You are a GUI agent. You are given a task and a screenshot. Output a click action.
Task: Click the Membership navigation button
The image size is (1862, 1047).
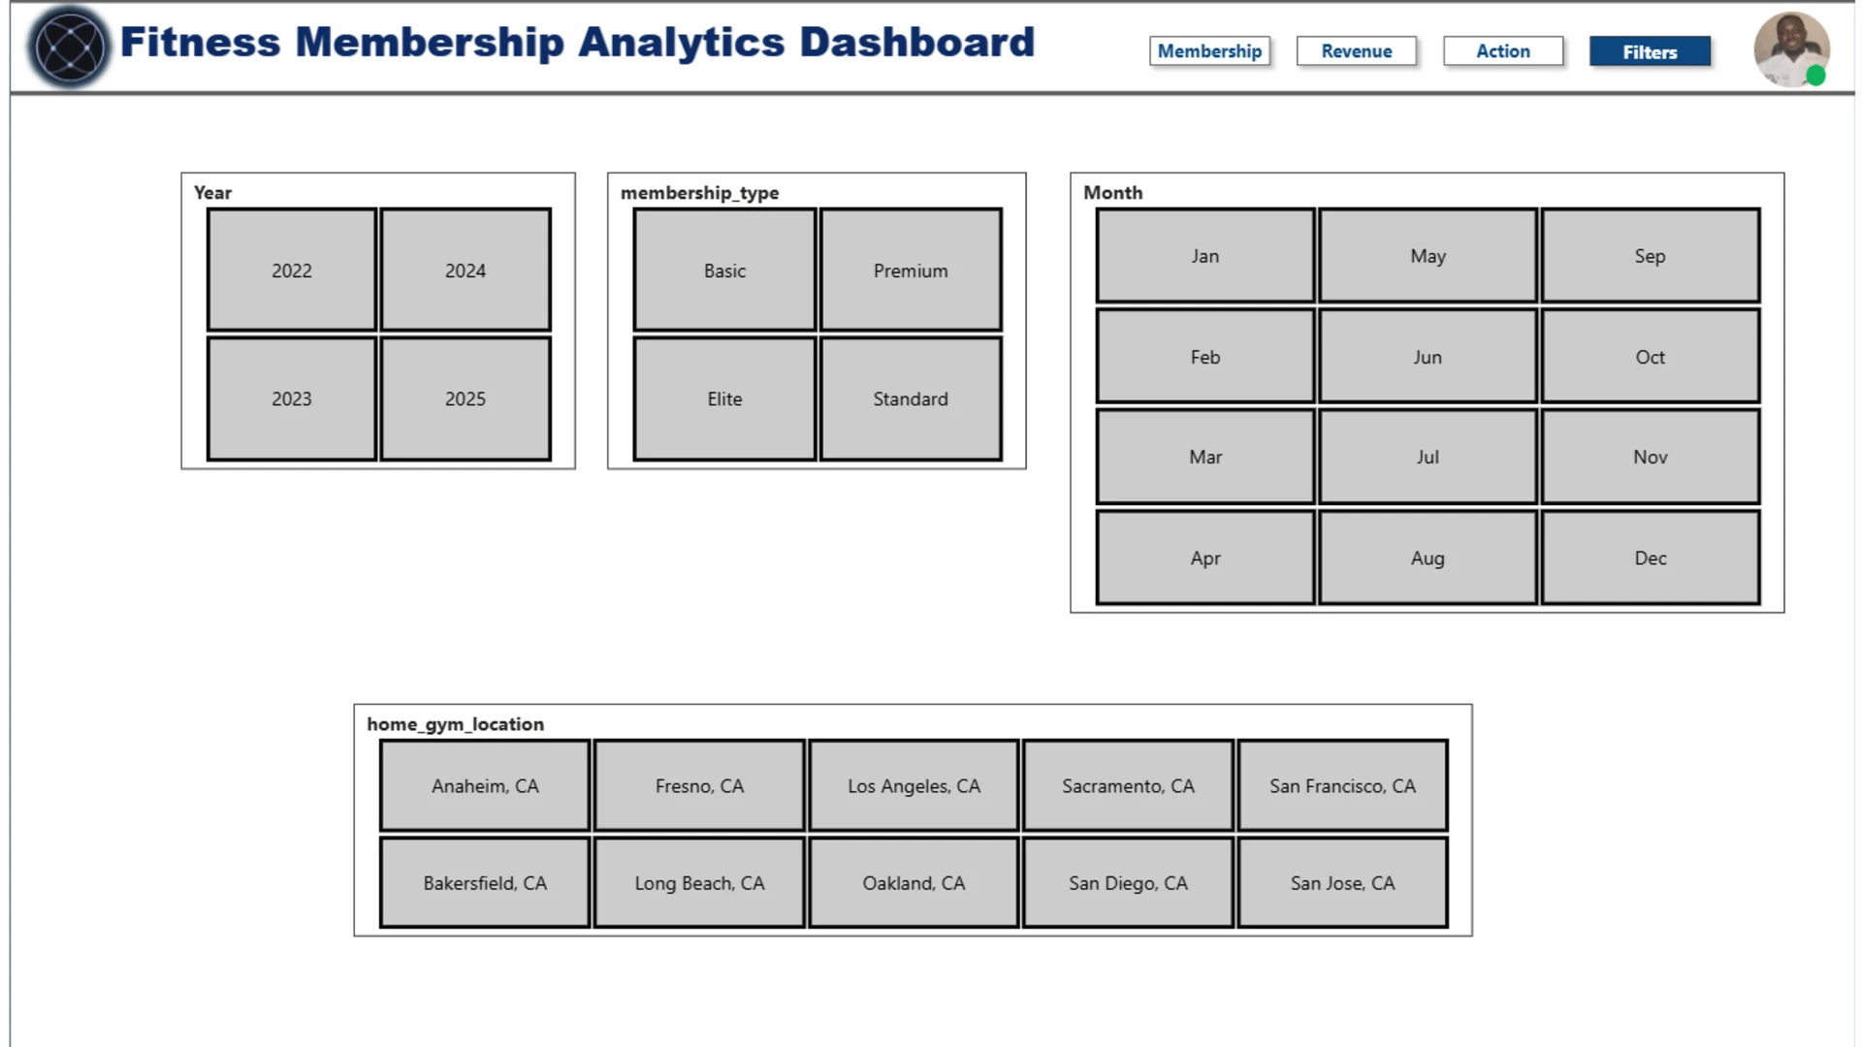tap(1209, 51)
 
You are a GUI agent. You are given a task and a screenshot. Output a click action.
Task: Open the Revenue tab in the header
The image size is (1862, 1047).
tap(1356, 51)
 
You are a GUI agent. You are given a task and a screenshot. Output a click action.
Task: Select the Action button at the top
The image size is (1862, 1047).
tap(1503, 51)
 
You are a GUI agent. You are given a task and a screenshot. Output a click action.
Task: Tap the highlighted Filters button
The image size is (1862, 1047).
tap(1650, 52)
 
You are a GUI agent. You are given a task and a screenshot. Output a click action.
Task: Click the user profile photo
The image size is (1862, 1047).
tap(1791, 48)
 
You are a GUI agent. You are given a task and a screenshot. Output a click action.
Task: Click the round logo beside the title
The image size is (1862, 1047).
tap(70, 47)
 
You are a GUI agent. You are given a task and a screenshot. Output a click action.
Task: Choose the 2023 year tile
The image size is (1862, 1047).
tap(292, 398)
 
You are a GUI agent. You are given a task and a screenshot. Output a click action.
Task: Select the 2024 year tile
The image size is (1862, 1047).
tap(465, 270)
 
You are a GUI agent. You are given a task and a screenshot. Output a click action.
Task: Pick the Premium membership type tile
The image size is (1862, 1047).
tap(911, 270)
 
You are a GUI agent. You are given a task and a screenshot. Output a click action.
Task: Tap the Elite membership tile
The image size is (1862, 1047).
tap(724, 398)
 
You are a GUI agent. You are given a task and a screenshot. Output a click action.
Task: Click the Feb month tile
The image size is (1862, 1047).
tap(1205, 357)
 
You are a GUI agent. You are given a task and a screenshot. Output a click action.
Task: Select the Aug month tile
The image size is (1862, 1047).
tap(1428, 558)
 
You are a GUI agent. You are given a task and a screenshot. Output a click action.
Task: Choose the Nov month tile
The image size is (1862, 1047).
tap(1651, 457)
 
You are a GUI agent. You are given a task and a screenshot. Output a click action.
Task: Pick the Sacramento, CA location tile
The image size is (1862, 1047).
tap(1128, 786)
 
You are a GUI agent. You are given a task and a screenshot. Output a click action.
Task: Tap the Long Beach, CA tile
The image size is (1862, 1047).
tap(699, 883)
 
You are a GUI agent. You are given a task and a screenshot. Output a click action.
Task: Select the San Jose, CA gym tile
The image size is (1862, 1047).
tap(1343, 883)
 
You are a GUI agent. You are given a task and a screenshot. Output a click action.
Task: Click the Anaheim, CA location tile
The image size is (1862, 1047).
tap(485, 786)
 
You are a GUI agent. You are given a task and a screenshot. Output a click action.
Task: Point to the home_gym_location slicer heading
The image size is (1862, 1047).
tap(455, 724)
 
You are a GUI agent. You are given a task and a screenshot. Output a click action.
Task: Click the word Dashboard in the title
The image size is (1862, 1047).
tap(917, 43)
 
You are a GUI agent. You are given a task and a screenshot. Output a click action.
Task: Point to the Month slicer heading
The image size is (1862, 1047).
tap(1113, 193)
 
